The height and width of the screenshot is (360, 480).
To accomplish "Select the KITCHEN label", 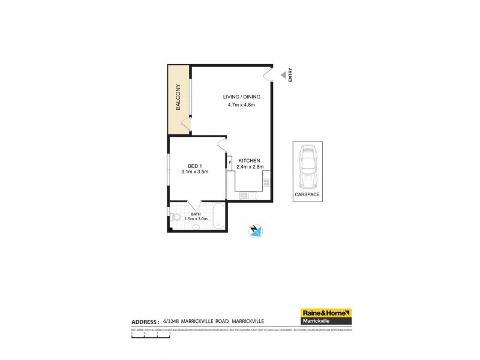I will [x=249, y=160].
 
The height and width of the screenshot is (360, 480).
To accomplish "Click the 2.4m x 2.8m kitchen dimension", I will [x=251, y=167].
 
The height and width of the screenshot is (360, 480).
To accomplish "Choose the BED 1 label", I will [x=194, y=166].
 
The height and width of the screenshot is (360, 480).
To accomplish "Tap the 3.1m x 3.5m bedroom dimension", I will [x=194, y=172].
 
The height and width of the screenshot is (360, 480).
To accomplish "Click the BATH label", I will [x=196, y=214].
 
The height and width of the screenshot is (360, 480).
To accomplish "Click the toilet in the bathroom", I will [x=175, y=217].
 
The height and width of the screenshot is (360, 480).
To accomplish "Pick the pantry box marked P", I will [x=229, y=161].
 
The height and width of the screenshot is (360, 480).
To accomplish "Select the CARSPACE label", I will [x=307, y=195].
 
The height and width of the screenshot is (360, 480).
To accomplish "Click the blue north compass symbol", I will [x=256, y=230].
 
